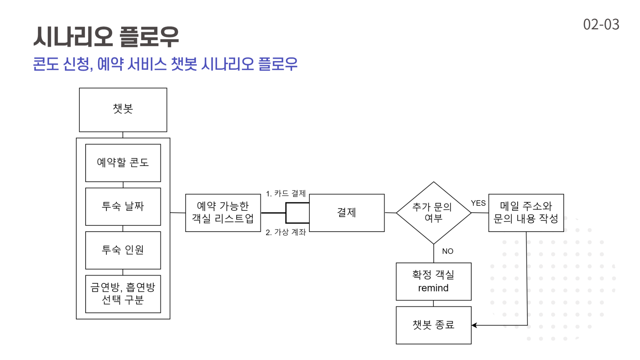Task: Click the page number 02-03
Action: pyautogui.click(x=601, y=24)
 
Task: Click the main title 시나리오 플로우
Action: pyautogui.click(x=106, y=37)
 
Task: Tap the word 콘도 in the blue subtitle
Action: pyautogui.click(x=46, y=64)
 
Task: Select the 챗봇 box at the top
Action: pyautogui.click(x=123, y=110)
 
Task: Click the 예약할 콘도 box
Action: pyautogui.click(x=123, y=163)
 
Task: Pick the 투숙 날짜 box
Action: pyautogui.click(x=123, y=206)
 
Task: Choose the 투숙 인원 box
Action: pyautogui.click(x=123, y=250)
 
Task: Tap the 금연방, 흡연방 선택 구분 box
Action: pyautogui.click(x=123, y=294)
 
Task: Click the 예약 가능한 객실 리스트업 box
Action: pyautogui.click(x=223, y=213)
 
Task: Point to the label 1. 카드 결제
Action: pyautogui.click(x=286, y=193)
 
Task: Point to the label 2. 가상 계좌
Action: pyautogui.click(x=286, y=232)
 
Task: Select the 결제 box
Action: pyautogui.click(x=347, y=213)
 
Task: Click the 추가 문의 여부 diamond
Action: pyautogui.click(x=433, y=213)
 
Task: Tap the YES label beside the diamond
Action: pyautogui.click(x=478, y=203)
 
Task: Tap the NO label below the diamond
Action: pyautogui.click(x=448, y=251)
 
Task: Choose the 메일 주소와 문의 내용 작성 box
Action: pyautogui.click(x=526, y=213)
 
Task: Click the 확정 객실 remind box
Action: pyautogui.click(x=433, y=281)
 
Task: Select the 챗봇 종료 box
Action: pyautogui.click(x=433, y=325)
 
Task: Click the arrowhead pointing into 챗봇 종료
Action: pyautogui.click(x=474, y=325)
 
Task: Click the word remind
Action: pyautogui.click(x=433, y=288)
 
